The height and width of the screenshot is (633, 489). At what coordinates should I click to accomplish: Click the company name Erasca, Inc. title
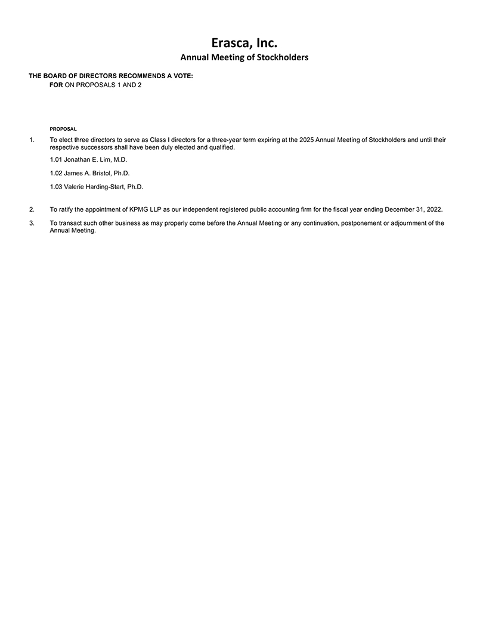244,42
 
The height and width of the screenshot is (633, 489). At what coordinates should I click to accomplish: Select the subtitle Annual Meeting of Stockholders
244,57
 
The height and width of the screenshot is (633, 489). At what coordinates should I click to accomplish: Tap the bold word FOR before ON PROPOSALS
56,85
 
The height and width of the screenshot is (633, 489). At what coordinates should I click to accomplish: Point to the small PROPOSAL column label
63,129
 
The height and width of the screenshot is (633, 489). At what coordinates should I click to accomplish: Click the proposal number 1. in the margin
32,140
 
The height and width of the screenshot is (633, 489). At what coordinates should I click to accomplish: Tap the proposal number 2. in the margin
32,209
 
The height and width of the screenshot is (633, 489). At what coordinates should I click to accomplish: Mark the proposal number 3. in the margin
32,223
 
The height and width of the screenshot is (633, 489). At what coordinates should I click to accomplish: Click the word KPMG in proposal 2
140,209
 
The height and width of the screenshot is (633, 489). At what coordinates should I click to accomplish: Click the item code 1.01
56,160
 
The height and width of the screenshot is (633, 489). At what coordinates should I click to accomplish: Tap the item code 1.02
56,173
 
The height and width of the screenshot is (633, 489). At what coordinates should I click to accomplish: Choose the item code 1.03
56,187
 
